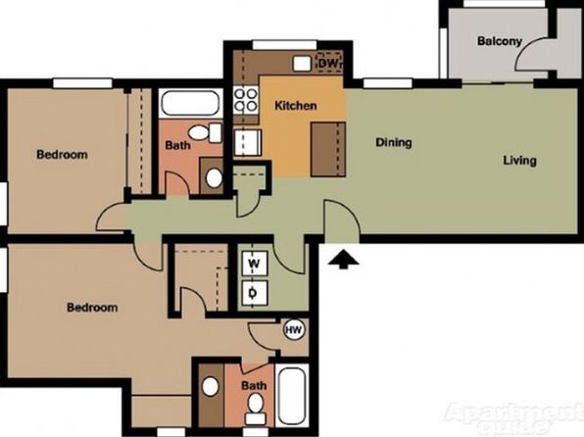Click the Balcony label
coord(500,40)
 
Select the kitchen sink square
coord(302,64)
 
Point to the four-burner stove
coord(246,100)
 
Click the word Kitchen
coord(296,106)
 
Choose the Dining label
coord(394,142)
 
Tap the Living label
coord(520,160)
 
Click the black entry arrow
coord(343,259)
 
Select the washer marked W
coord(255,264)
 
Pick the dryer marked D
coord(255,293)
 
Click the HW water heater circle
coord(294,329)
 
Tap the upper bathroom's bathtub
coord(190,103)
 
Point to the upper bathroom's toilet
coord(205,132)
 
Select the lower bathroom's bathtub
coord(292,396)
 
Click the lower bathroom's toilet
coord(256,409)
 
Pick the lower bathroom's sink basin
coord(211,386)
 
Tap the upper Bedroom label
coord(62,154)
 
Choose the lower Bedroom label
coord(92,308)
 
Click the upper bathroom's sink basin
coord(215,178)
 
